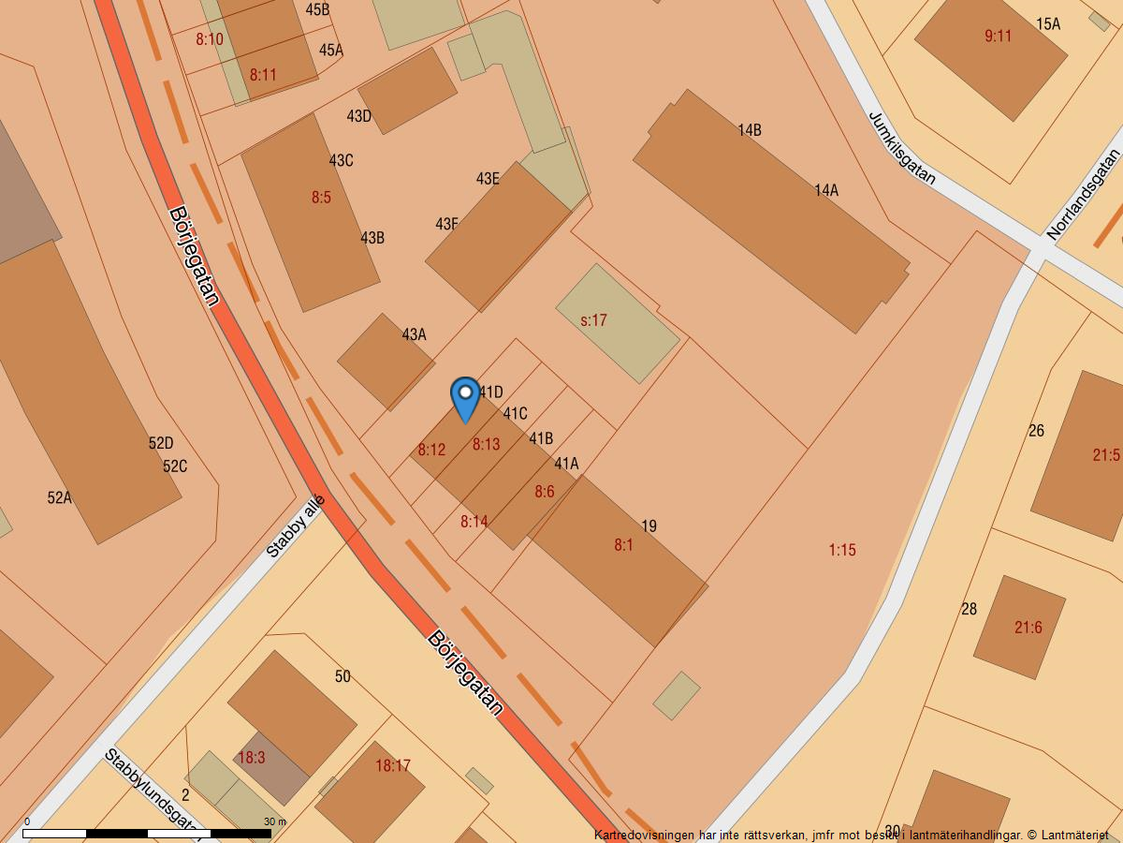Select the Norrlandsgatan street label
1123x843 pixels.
point(1084,195)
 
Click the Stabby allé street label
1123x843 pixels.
point(295,526)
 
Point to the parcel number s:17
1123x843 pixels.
point(594,320)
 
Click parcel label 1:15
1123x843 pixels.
point(842,550)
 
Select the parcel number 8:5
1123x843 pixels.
point(321,198)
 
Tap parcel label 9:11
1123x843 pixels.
point(999,37)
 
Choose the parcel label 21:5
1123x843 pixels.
point(1105,455)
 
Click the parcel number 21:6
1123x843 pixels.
point(1028,628)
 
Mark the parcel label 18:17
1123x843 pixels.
point(393,765)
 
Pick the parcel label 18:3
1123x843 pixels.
point(251,758)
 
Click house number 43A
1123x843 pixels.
point(414,334)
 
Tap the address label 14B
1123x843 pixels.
point(749,130)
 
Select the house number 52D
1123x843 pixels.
point(161,443)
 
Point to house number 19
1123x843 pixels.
point(649,526)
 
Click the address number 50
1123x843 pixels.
point(343,676)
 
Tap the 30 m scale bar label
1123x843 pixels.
point(274,821)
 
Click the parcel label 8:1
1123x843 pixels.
point(623,544)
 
